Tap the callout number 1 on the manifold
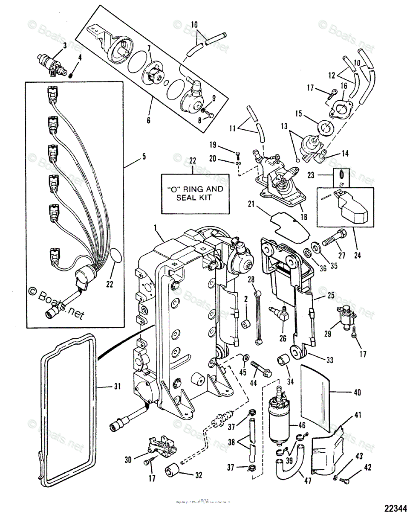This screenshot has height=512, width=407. [158, 232]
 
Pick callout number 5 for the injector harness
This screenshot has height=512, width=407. [144, 157]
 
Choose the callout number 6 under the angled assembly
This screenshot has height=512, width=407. [148, 120]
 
